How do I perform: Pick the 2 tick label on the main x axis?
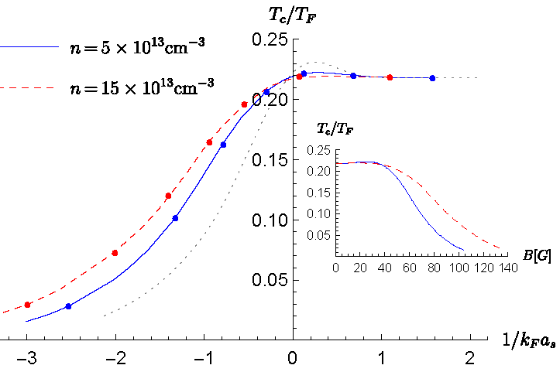pyautogui.click(x=470, y=360)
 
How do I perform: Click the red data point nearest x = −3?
pyautogui.click(x=27, y=305)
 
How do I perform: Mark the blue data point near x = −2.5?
pyautogui.click(x=68, y=306)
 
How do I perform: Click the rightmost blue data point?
pyautogui.click(x=432, y=78)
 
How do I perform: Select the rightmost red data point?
pyautogui.click(x=390, y=77)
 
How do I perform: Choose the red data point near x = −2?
pyautogui.click(x=115, y=253)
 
